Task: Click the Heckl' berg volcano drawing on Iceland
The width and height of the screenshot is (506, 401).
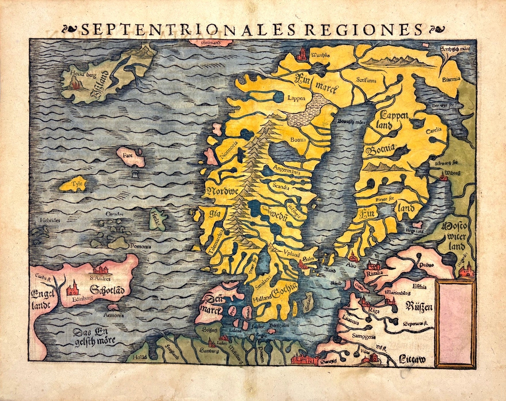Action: pos(77,85)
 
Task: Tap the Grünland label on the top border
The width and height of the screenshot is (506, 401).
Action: pos(210,43)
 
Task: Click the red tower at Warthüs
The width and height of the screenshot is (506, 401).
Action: pos(303,54)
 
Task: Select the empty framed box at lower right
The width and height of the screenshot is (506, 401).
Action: pos(455,323)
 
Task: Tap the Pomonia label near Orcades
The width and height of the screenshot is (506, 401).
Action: pos(141,246)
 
